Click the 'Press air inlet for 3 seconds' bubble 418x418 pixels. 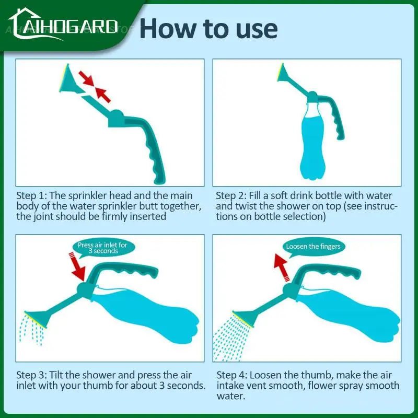102,248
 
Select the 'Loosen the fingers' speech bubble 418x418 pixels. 313,246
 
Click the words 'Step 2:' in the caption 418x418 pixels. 232,195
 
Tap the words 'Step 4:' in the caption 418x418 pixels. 232,375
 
